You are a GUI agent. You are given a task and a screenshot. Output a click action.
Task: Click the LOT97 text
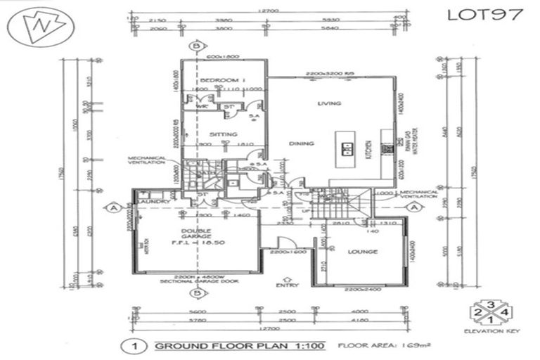(484, 13)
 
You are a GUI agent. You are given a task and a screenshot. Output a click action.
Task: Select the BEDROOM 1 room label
(221, 80)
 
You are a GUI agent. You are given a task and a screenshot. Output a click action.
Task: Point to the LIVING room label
(328, 103)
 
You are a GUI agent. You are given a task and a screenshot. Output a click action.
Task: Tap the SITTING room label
(222, 134)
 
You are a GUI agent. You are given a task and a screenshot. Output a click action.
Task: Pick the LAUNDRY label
(154, 202)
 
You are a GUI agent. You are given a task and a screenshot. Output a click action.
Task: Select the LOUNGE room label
(362, 251)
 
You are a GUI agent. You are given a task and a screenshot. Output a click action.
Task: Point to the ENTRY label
(288, 285)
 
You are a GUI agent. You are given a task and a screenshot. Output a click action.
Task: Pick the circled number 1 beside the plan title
(129, 346)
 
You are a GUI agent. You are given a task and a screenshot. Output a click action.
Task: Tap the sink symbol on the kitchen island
(347, 150)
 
